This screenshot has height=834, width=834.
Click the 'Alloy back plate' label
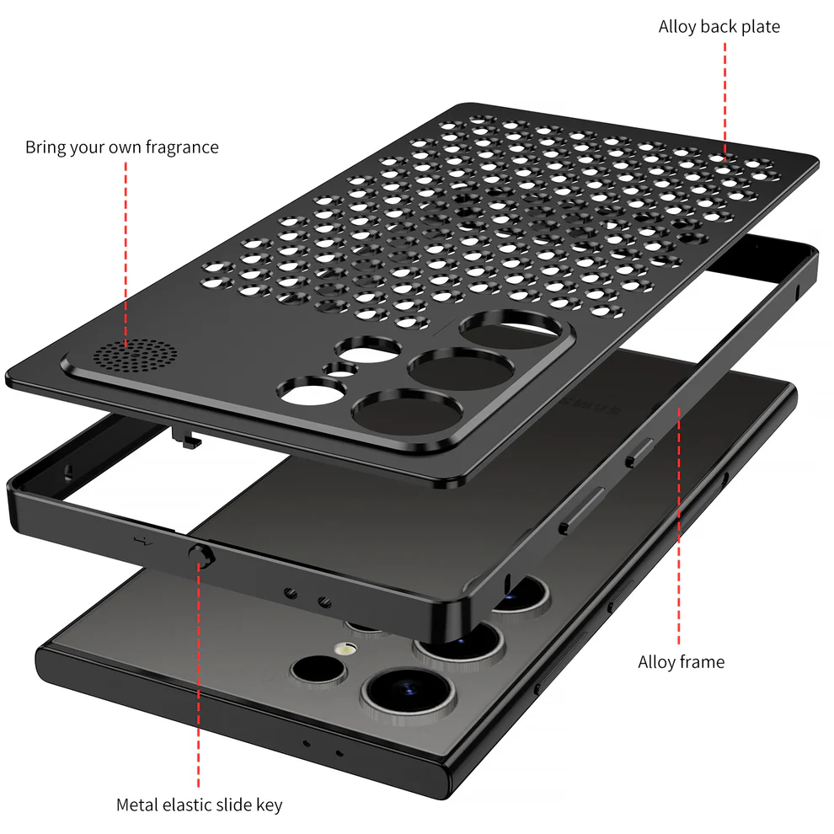tap(719, 27)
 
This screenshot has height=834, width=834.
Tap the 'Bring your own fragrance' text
tap(122, 147)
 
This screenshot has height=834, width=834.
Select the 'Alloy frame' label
tap(681, 662)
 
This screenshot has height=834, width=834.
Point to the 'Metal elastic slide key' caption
tap(199, 805)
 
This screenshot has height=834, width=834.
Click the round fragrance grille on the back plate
tap(135, 356)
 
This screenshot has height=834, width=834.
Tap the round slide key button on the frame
tap(201, 555)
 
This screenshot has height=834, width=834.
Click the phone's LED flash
tap(346, 649)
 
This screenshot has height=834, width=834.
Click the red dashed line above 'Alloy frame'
tap(679, 526)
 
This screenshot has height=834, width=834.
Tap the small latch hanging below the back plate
tap(187, 437)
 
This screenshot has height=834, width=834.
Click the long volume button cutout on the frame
tap(582, 510)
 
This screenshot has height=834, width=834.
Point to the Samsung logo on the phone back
tap(591, 404)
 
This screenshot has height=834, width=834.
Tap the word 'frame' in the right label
tap(701, 662)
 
